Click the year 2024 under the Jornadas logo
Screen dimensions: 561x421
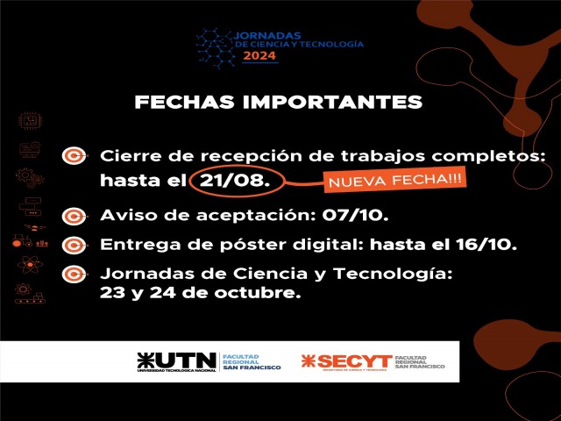259,55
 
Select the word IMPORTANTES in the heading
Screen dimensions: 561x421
333,102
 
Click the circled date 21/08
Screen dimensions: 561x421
234,181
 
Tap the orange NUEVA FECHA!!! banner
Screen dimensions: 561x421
395,179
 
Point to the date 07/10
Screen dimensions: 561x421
355,215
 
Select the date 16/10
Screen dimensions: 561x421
486,245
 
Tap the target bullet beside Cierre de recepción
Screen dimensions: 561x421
74,156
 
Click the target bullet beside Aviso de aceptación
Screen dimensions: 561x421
74,217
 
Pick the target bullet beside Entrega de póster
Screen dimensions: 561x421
74,246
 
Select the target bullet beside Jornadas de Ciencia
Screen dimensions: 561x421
74,275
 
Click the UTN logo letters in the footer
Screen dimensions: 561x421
177,360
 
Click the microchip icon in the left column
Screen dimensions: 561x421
30,121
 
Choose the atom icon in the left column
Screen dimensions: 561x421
30,265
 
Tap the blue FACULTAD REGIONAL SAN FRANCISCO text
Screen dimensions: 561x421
252,362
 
